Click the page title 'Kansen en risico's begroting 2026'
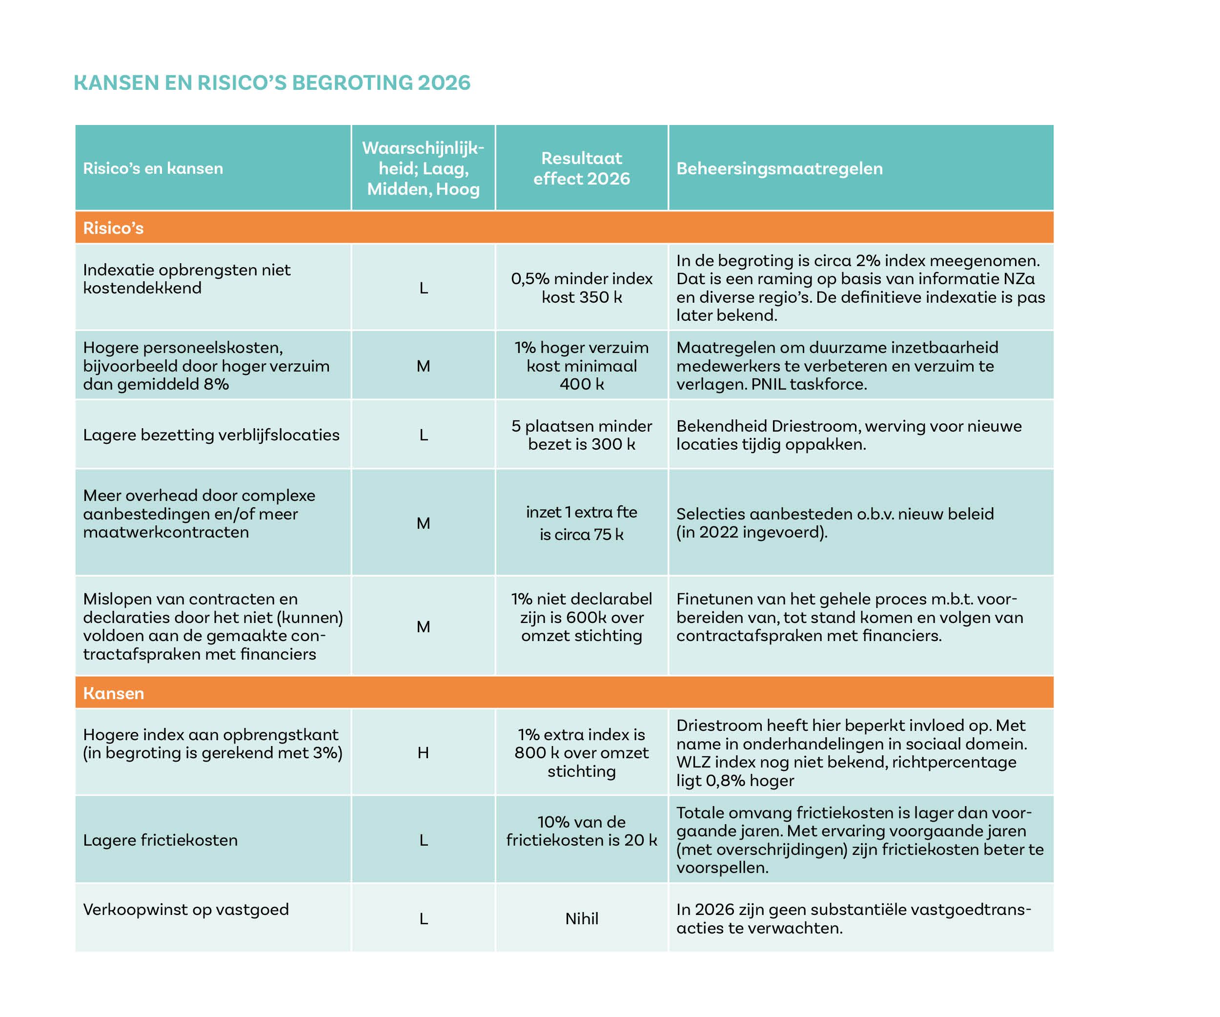(272, 83)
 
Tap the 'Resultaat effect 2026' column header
(582, 168)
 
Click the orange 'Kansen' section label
(113, 693)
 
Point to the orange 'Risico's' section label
(113, 228)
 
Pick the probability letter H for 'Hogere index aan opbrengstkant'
(423, 752)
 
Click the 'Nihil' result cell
(582, 918)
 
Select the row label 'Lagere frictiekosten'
(161, 840)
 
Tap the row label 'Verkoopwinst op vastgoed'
(186, 910)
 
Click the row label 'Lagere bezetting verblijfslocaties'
(211, 435)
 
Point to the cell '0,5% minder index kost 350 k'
(582, 288)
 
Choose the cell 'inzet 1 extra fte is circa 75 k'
(582, 523)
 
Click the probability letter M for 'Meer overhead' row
(423, 523)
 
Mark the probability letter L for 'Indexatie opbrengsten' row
(424, 288)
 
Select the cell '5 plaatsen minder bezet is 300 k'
(582, 435)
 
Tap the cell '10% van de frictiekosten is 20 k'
(582, 831)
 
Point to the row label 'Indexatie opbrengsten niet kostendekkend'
(186, 279)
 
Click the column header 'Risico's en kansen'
(153, 168)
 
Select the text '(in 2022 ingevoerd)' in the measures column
(752, 532)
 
